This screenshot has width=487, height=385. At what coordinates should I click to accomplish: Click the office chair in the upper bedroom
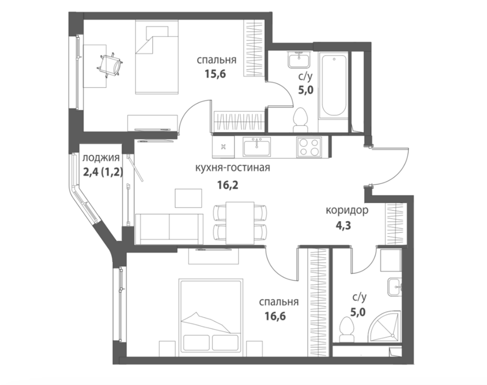(110, 64)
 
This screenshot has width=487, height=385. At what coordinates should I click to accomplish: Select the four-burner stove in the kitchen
(309, 147)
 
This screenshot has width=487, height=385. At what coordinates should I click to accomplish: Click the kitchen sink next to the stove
(256, 146)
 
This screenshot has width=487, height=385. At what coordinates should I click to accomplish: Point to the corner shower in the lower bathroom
(384, 327)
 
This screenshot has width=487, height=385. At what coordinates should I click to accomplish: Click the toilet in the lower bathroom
(346, 329)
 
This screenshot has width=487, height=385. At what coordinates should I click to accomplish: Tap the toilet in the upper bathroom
(300, 119)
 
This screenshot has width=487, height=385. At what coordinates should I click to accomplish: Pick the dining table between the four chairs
(240, 223)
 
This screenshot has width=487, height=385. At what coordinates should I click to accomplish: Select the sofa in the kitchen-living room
(168, 229)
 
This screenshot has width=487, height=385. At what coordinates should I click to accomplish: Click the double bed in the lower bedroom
(211, 318)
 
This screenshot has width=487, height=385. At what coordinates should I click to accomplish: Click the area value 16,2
(228, 185)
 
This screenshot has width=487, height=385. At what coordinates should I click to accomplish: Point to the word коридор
(347, 211)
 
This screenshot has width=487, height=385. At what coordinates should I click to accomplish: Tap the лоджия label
(101, 158)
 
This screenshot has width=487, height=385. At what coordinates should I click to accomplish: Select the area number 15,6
(215, 74)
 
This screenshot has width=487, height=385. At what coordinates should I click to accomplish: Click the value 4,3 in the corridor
(343, 226)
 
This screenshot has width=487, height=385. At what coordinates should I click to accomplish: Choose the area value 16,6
(275, 316)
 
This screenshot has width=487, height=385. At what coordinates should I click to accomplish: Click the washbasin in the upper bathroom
(299, 59)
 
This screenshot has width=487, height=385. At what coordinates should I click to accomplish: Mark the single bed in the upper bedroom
(157, 57)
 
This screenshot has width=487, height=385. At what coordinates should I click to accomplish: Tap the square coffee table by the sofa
(189, 198)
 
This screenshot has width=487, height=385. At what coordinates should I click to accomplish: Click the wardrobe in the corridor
(394, 223)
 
